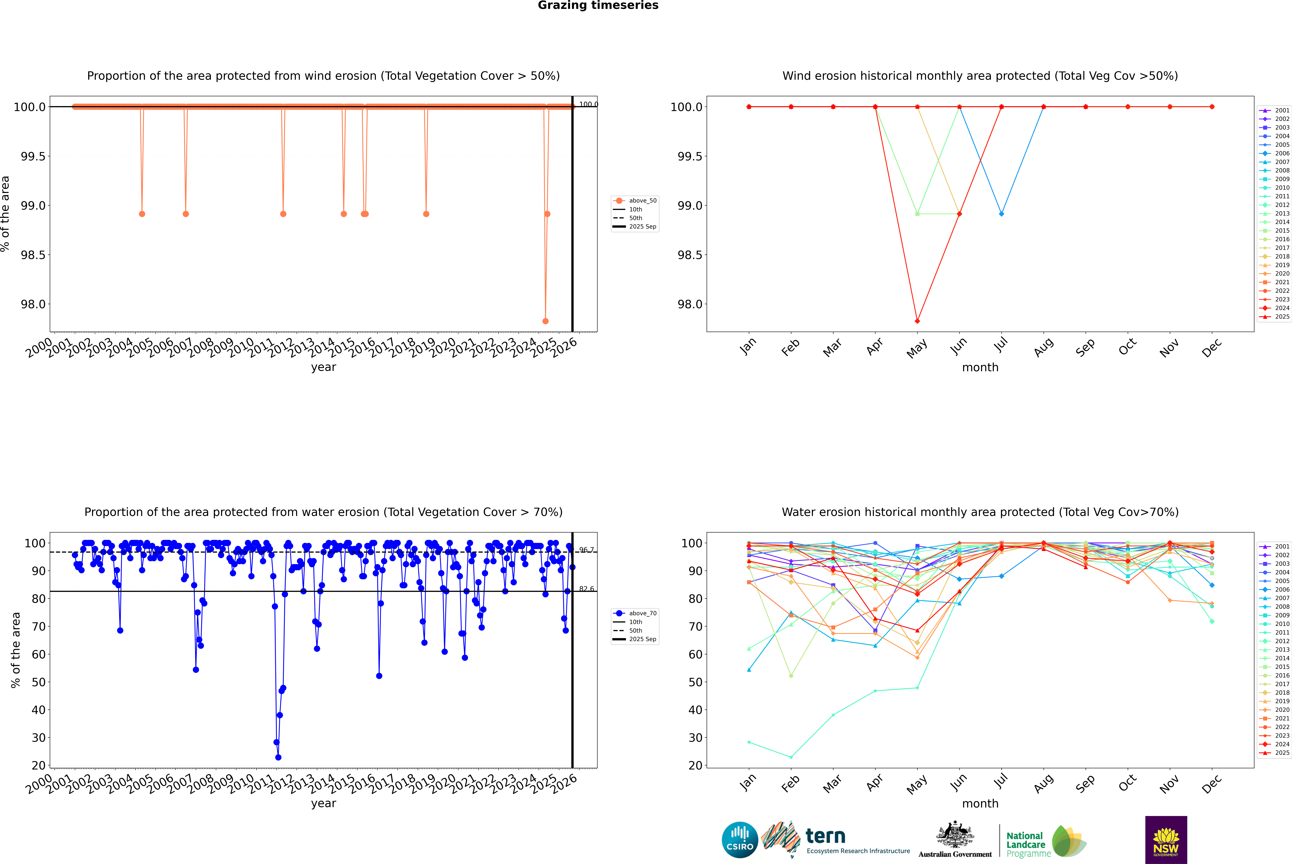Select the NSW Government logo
coord(1166,840)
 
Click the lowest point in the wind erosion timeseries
coord(545,321)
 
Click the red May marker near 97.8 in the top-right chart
coord(917,321)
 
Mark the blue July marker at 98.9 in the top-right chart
coord(1001,214)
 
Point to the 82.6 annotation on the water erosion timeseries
coord(586,589)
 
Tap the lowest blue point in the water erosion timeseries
coord(278,757)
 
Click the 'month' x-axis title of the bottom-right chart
coord(980,803)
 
